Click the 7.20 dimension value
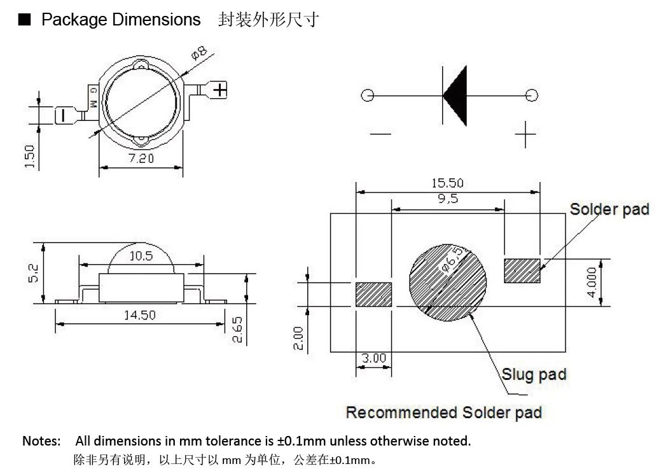coord(141,158)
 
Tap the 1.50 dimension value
coord(29,157)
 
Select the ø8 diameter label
coord(199,53)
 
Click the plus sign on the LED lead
coord(220,90)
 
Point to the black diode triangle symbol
coord(455,95)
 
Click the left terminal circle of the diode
coord(367,95)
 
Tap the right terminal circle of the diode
coord(532,95)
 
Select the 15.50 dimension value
coord(448,183)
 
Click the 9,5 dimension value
coord(448,199)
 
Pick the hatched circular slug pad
coord(448,283)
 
